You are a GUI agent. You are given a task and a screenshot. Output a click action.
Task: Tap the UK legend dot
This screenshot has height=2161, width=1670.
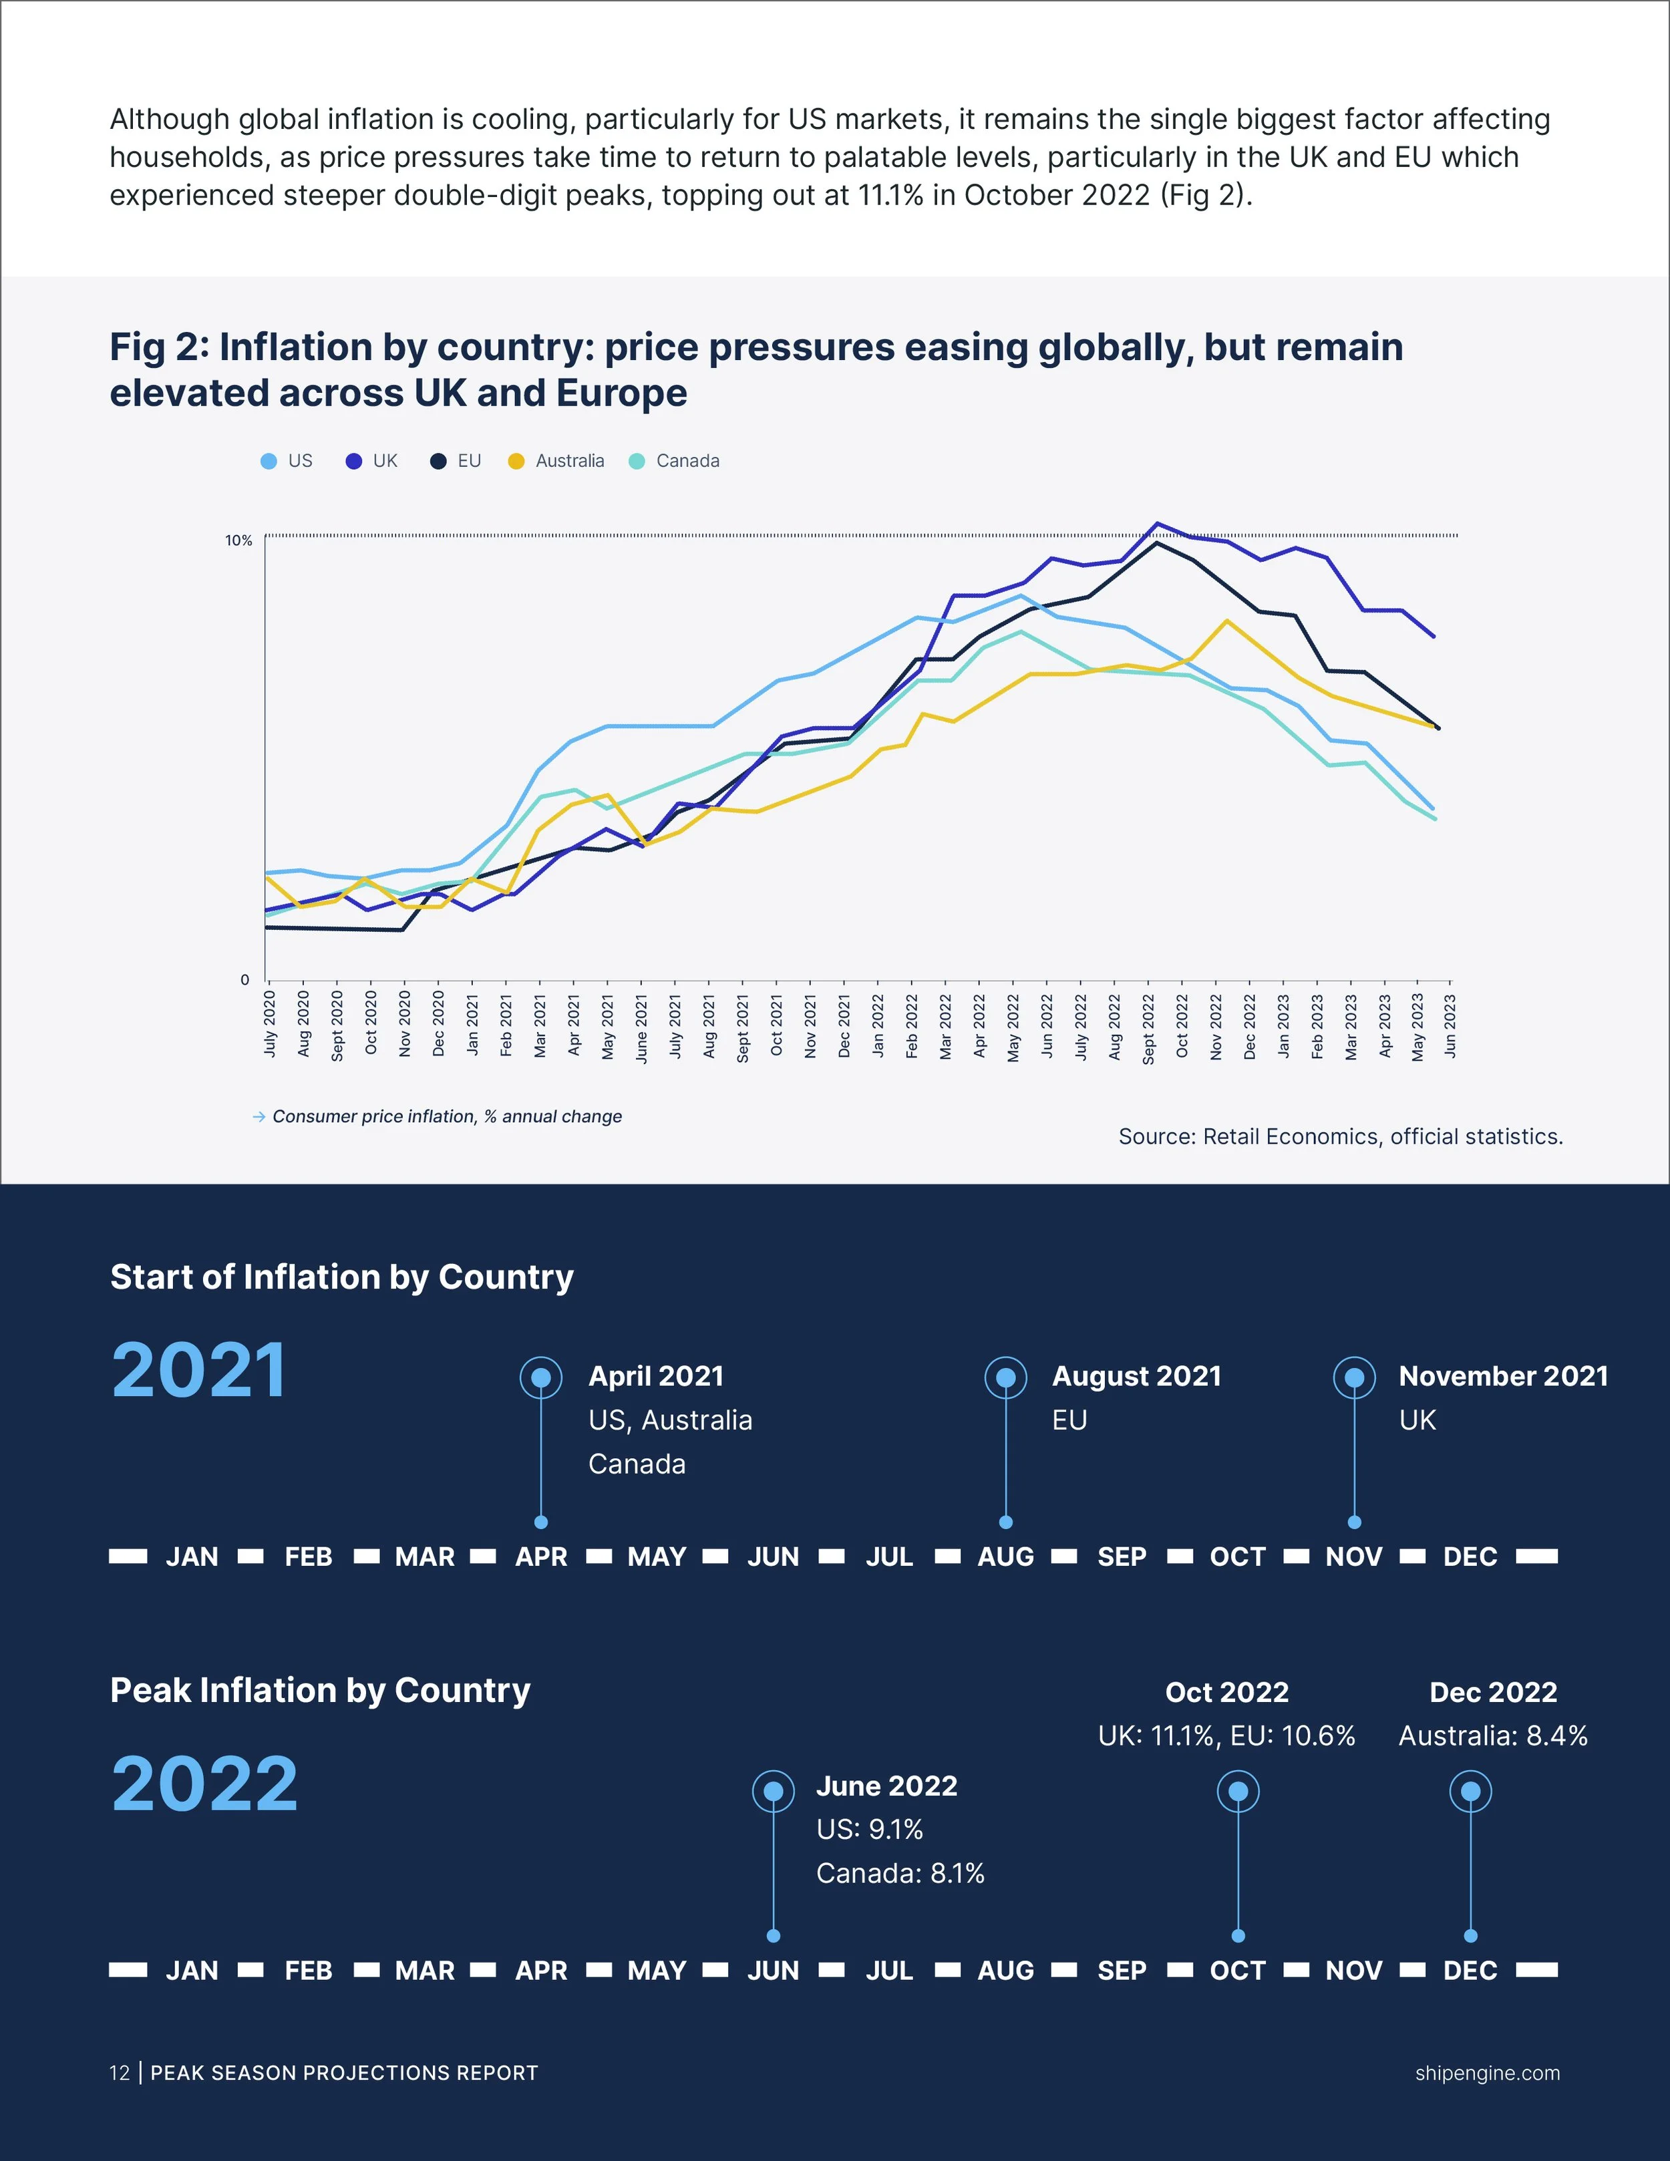point(353,461)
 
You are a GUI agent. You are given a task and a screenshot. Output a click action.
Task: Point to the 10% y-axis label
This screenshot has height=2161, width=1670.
point(238,540)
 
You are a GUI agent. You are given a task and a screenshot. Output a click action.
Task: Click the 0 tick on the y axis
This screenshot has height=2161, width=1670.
point(245,979)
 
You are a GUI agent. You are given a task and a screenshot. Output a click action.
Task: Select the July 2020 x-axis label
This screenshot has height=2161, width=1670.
point(270,1023)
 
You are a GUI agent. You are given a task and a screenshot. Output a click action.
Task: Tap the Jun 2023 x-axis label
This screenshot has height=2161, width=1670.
point(1450,1026)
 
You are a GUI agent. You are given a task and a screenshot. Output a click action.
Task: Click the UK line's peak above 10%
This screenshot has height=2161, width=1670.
point(1156,524)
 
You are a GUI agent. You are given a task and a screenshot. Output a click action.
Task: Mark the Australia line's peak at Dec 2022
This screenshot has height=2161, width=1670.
point(1226,621)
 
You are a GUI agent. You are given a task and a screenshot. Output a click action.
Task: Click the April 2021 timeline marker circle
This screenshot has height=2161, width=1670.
point(541,1377)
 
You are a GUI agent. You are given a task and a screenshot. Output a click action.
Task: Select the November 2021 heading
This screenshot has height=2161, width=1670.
point(1503,1376)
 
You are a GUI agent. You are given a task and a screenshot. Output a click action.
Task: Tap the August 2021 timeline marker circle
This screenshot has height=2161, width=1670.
point(1006,1377)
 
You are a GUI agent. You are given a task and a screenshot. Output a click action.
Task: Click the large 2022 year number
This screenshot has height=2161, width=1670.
point(205,1784)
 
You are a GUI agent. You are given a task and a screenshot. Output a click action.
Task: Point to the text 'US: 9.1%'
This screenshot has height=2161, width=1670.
point(870,1830)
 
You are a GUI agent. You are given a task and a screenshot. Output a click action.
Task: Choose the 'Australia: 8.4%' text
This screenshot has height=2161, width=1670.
point(1493,1735)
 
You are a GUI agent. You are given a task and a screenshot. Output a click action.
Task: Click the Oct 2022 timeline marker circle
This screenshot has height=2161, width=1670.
point(1238,1791)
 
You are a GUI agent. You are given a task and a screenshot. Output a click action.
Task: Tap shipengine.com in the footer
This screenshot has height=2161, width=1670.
point(1487,2073)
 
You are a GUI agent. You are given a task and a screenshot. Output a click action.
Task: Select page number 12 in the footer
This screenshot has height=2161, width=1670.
point(120,2073)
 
